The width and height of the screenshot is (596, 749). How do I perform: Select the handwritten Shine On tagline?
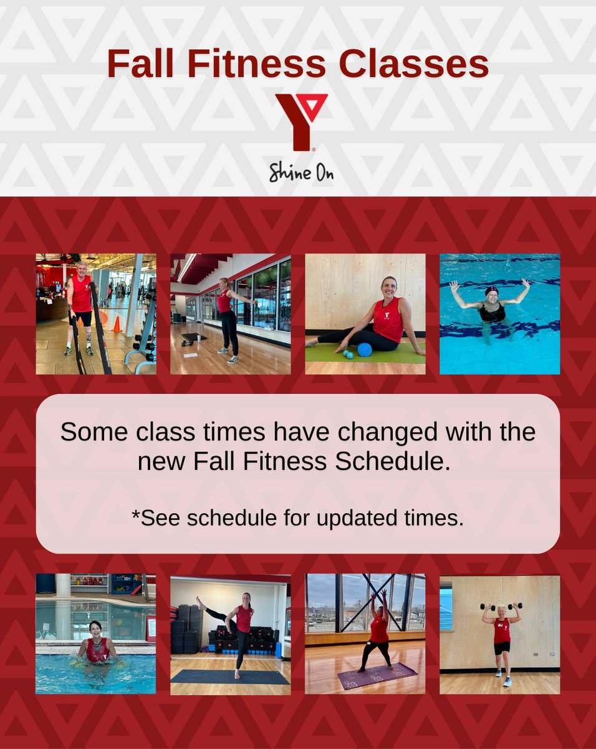(x=301, y=172)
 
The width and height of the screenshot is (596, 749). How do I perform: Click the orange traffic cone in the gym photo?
(x=116, y=324)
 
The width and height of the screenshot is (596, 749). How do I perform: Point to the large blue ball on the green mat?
(x=364, y=350)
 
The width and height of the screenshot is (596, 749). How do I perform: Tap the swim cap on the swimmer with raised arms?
(x=493, y=291)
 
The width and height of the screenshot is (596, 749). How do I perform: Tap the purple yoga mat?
(x=377, y=676)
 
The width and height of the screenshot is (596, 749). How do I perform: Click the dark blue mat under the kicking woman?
(x=231, y=677)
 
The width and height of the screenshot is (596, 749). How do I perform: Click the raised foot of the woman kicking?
(x=199, y=600)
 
